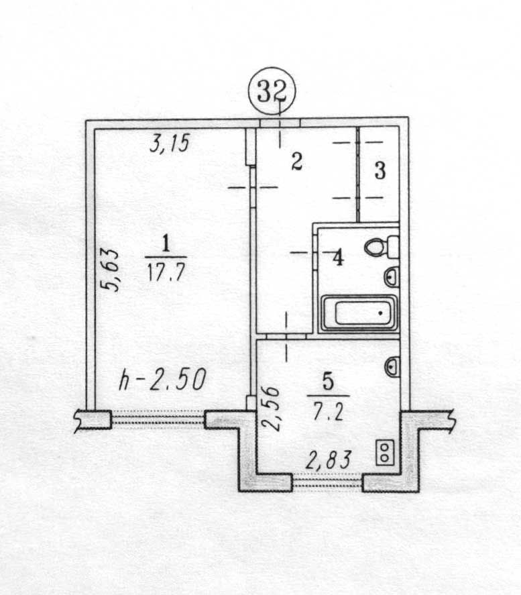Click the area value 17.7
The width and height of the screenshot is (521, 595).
coord(164,272)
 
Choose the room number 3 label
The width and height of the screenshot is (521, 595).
coord(380,171)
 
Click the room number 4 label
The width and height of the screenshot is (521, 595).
coord(338,257)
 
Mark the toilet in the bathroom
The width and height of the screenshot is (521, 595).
coord(382,247)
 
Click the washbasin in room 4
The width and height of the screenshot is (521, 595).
coord(392,276)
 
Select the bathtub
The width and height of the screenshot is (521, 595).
coord(359,314)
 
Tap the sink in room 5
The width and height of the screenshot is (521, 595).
coord(392,366)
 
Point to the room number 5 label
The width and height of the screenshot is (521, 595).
coord(329,382)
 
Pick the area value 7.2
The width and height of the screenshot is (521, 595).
coord(329,411)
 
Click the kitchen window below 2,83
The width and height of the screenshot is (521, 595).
coord(328,482)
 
